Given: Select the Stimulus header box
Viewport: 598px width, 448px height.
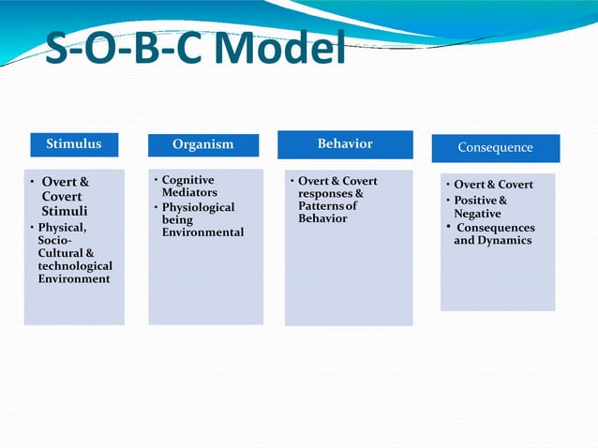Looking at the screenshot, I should [x=74, y=144].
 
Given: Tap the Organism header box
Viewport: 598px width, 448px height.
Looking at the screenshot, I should [x=202, y=145].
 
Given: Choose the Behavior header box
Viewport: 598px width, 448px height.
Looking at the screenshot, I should [x=345, y=144].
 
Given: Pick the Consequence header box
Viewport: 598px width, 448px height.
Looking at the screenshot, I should [x=495, y=148].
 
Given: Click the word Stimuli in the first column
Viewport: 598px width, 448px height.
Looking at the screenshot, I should [x=65, y=211].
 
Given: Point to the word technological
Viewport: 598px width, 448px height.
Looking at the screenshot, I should [x=75, y=266].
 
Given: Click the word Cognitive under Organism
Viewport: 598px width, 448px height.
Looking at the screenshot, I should [x=187, y=180].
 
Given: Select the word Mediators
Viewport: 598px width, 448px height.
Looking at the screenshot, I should [x=189, y=192].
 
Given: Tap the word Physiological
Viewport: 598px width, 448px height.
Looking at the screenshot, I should [x=198, y=207].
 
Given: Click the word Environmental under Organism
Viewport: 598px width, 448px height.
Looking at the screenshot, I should [x=202, y=231].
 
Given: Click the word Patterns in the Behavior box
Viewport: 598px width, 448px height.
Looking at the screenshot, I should [x=320, y=205].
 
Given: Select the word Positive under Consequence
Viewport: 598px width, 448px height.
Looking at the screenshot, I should [x=475, y=201].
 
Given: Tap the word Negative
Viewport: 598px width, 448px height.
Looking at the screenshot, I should [x=477, y=214].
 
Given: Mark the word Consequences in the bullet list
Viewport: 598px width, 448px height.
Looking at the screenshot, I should [x=495, y=228].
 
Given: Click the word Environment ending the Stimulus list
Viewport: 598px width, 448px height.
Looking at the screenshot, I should [x=74, y=278].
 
